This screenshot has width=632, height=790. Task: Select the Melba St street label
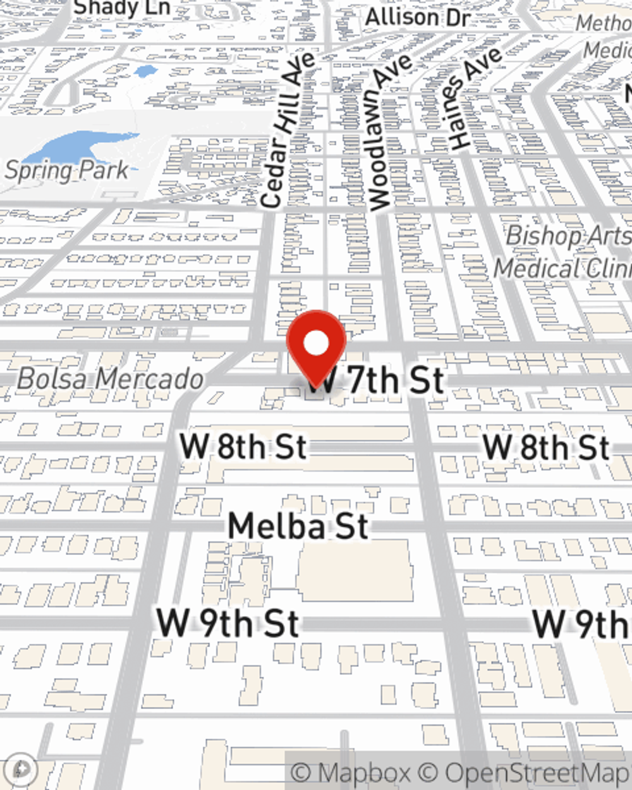(298, 526)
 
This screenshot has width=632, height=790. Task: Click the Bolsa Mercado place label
(111, 379)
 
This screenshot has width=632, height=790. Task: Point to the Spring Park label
(67, 171)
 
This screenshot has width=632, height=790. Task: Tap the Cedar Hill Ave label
(288, 130)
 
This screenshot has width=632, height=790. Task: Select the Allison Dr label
(418, 17)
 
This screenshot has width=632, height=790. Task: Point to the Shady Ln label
(122, 8)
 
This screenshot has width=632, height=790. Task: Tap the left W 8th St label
(243, 447)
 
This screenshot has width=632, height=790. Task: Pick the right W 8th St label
(547, 447)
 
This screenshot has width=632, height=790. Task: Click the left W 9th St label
(228, 623)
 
